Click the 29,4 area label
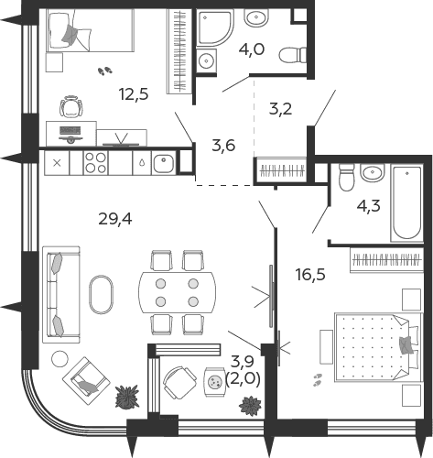pyautogui.click(x=115, y=219)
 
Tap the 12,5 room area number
pyautogui.click(x=134, y=93)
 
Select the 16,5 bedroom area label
pyautogui.click(x=310, y=275)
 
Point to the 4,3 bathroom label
pyautogui.click(x=369, y=206)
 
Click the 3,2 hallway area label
pyautogui.click(x=280, y=109)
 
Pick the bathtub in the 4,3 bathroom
pyautogui.click(x=407, y=203)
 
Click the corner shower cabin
pyautogui.click(x=213, y=27)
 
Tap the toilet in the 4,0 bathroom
pyautogui.click(x=293, y=56)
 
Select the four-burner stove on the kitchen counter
pyautogui.click(x=95, y=163)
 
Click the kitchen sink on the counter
pyautogui.click(x=164, y=163)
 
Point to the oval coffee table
pyautogui.click(x=101, y=295)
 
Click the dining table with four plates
pyautogui.click(x=178, y=292)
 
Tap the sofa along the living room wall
pyautogui.click(x=61, y=295)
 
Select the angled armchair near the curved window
pyautogui.click(x=86, y=381)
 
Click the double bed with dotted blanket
pyautogui.click(x=379, y=347)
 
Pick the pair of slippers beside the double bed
pyautogui.click(x=318, y=379)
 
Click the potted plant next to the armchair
pyautogui.click(x=127, y=398)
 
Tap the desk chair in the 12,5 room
pyautogui.click(x=71, y=106)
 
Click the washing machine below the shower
pyautogui.click(x=206, y=60)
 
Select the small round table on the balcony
pyautogui.click(x=214, y=382)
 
